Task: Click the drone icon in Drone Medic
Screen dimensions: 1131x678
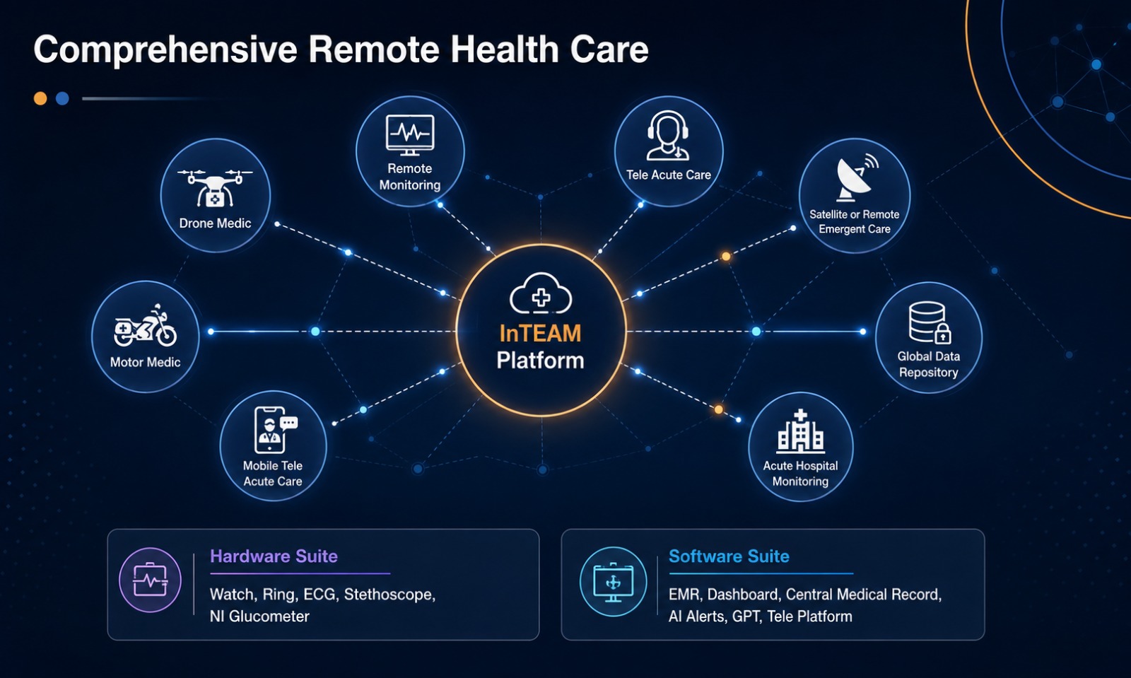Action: coord(215,188)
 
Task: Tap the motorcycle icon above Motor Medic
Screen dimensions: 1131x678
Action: coord(146,326)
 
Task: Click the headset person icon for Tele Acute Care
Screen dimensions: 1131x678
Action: coord(668,135)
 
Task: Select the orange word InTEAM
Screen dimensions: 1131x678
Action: coord(540,334)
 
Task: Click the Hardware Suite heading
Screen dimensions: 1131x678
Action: coord(274,556)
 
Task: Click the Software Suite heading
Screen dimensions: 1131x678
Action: coord(729,556)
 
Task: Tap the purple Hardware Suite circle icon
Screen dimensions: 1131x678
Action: coord(150,580)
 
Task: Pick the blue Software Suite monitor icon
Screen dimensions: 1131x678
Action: coord(613,582)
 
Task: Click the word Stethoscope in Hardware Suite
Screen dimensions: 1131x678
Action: coord(389,594)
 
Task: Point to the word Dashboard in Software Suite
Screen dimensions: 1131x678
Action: coord(744,594)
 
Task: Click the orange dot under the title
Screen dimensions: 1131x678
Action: coord(40,98)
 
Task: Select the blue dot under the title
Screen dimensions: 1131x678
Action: coord(62,98)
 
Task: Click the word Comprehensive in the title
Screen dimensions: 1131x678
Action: coord(165,50)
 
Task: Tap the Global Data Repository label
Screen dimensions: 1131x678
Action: coord(929,364)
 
